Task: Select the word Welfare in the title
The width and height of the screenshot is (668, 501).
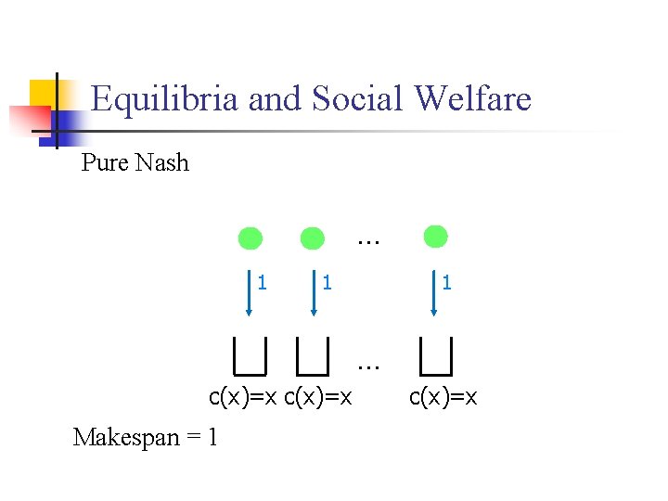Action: tap(475, 98)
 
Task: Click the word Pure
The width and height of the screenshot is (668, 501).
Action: tap(105, 163)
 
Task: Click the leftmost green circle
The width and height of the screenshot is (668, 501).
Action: tap(250, 238)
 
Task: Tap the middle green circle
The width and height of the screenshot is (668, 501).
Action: tap(313, 238)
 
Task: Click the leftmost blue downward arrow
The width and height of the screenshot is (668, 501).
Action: tap(250, 292)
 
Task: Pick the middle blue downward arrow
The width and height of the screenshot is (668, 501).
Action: tap(313, 292)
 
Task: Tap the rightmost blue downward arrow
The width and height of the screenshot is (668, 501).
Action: tap(435, 292)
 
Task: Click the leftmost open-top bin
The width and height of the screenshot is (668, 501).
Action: tap(250, 353)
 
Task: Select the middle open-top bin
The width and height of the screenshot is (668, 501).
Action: tap(313, 353)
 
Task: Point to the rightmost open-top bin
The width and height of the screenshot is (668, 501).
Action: tap(435, 353)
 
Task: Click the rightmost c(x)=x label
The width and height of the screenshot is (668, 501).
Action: tap(443, 398)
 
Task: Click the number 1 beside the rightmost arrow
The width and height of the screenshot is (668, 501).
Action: tap(447, 281)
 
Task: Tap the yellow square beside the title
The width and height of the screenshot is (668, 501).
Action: tap(44, 94)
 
